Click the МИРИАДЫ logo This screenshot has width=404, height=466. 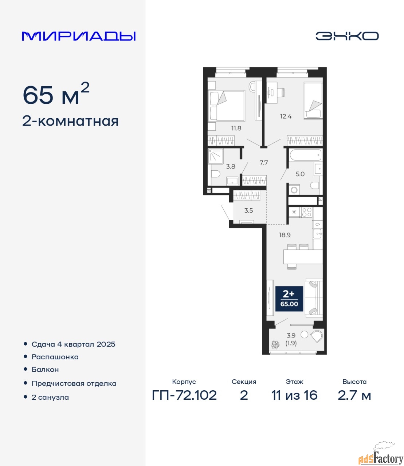(79, 36)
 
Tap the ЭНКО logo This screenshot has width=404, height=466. (347, 36)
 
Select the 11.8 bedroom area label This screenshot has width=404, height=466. (236, 128)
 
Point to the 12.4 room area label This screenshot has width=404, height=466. (286, 116)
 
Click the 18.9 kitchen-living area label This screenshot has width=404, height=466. (285, 235)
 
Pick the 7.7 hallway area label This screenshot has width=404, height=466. (263, 162)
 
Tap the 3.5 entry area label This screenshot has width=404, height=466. (248, 210)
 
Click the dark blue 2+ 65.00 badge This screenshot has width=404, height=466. (289, 299)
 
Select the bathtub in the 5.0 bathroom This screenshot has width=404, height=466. (306, 155)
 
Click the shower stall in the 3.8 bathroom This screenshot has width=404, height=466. (216, 156)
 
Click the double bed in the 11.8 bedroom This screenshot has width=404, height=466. (226, 106)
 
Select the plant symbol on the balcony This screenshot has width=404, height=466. (275, 345)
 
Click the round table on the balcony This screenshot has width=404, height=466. (304, 334)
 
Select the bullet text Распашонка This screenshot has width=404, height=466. (55, 357)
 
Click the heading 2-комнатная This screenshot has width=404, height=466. (70, 122)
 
